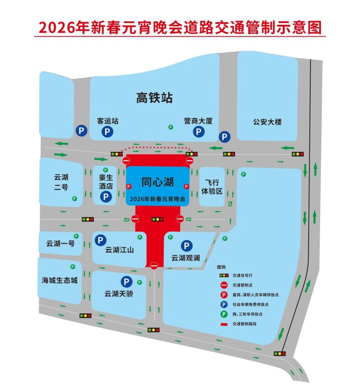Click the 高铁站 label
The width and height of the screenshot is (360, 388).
[154, 98]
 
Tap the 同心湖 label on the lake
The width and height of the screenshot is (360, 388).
[157, 182]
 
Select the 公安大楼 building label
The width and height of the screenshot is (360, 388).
[267, 122]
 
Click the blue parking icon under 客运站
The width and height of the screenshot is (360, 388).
[107, 132]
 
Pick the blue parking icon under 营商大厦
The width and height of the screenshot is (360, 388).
[198, 132]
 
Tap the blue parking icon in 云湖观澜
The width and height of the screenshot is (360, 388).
[186, 246]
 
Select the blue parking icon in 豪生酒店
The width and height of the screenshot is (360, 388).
[105, 196]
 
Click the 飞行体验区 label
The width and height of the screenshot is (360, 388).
[212, 187]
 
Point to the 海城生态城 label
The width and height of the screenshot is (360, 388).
[60, 280]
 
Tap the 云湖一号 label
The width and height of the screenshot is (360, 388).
[60, 244]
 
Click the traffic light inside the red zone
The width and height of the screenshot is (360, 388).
[157, 219]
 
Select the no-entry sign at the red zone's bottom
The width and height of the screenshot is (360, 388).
[154, 266]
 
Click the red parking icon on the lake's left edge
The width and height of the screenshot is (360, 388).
[129, 186]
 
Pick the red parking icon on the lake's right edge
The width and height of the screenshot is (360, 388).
[186, 186]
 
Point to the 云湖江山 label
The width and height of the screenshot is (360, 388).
[119, 250]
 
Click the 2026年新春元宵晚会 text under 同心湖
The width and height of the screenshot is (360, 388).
[157, 199]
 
